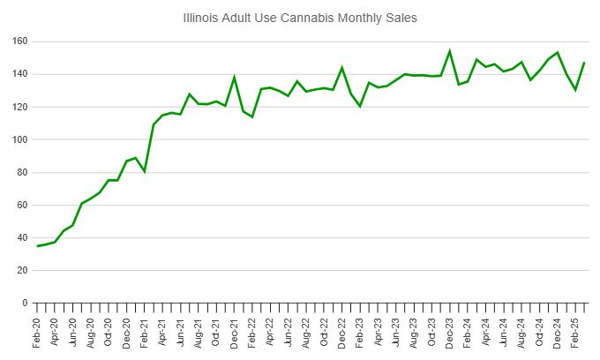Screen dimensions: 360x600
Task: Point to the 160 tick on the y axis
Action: point(19,41)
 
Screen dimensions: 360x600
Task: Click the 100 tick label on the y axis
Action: point(19,139)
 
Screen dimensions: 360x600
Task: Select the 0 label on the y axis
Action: point(25,303)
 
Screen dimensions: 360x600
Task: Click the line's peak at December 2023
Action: point(450,51)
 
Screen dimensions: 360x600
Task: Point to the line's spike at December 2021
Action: point(235,78)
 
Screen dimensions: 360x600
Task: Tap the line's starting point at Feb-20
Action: point(37,246)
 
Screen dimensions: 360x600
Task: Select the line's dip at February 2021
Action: point(145,171)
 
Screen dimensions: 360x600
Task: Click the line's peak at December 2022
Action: point(342,68)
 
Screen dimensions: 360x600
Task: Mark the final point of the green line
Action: point(584,63)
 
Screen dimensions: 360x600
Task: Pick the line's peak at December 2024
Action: point(558,53)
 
